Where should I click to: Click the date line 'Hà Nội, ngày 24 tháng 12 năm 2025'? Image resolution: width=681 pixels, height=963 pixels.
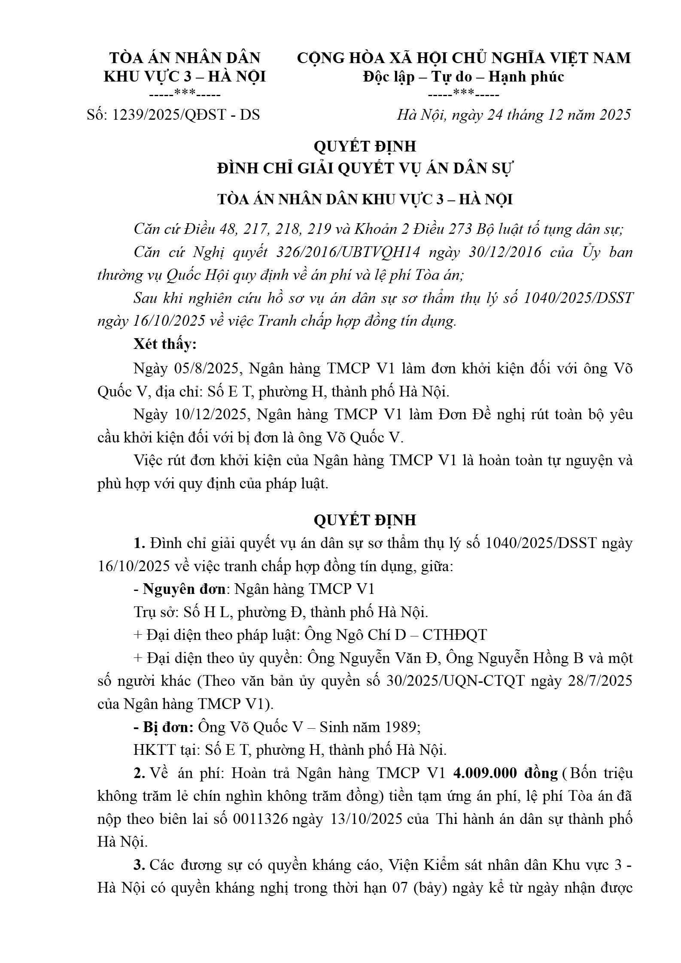coord(514,115)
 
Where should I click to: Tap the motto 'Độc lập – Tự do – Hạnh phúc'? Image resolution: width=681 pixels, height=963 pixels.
coord(463,77)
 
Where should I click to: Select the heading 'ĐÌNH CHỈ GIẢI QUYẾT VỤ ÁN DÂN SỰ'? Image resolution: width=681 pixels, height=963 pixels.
coord(365,169)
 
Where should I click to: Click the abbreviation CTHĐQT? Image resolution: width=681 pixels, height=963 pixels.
coord(455,635)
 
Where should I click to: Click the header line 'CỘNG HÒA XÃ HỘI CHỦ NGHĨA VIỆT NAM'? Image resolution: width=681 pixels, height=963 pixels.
coord(464,58)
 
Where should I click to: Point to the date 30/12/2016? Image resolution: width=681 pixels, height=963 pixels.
coord(505,252)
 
